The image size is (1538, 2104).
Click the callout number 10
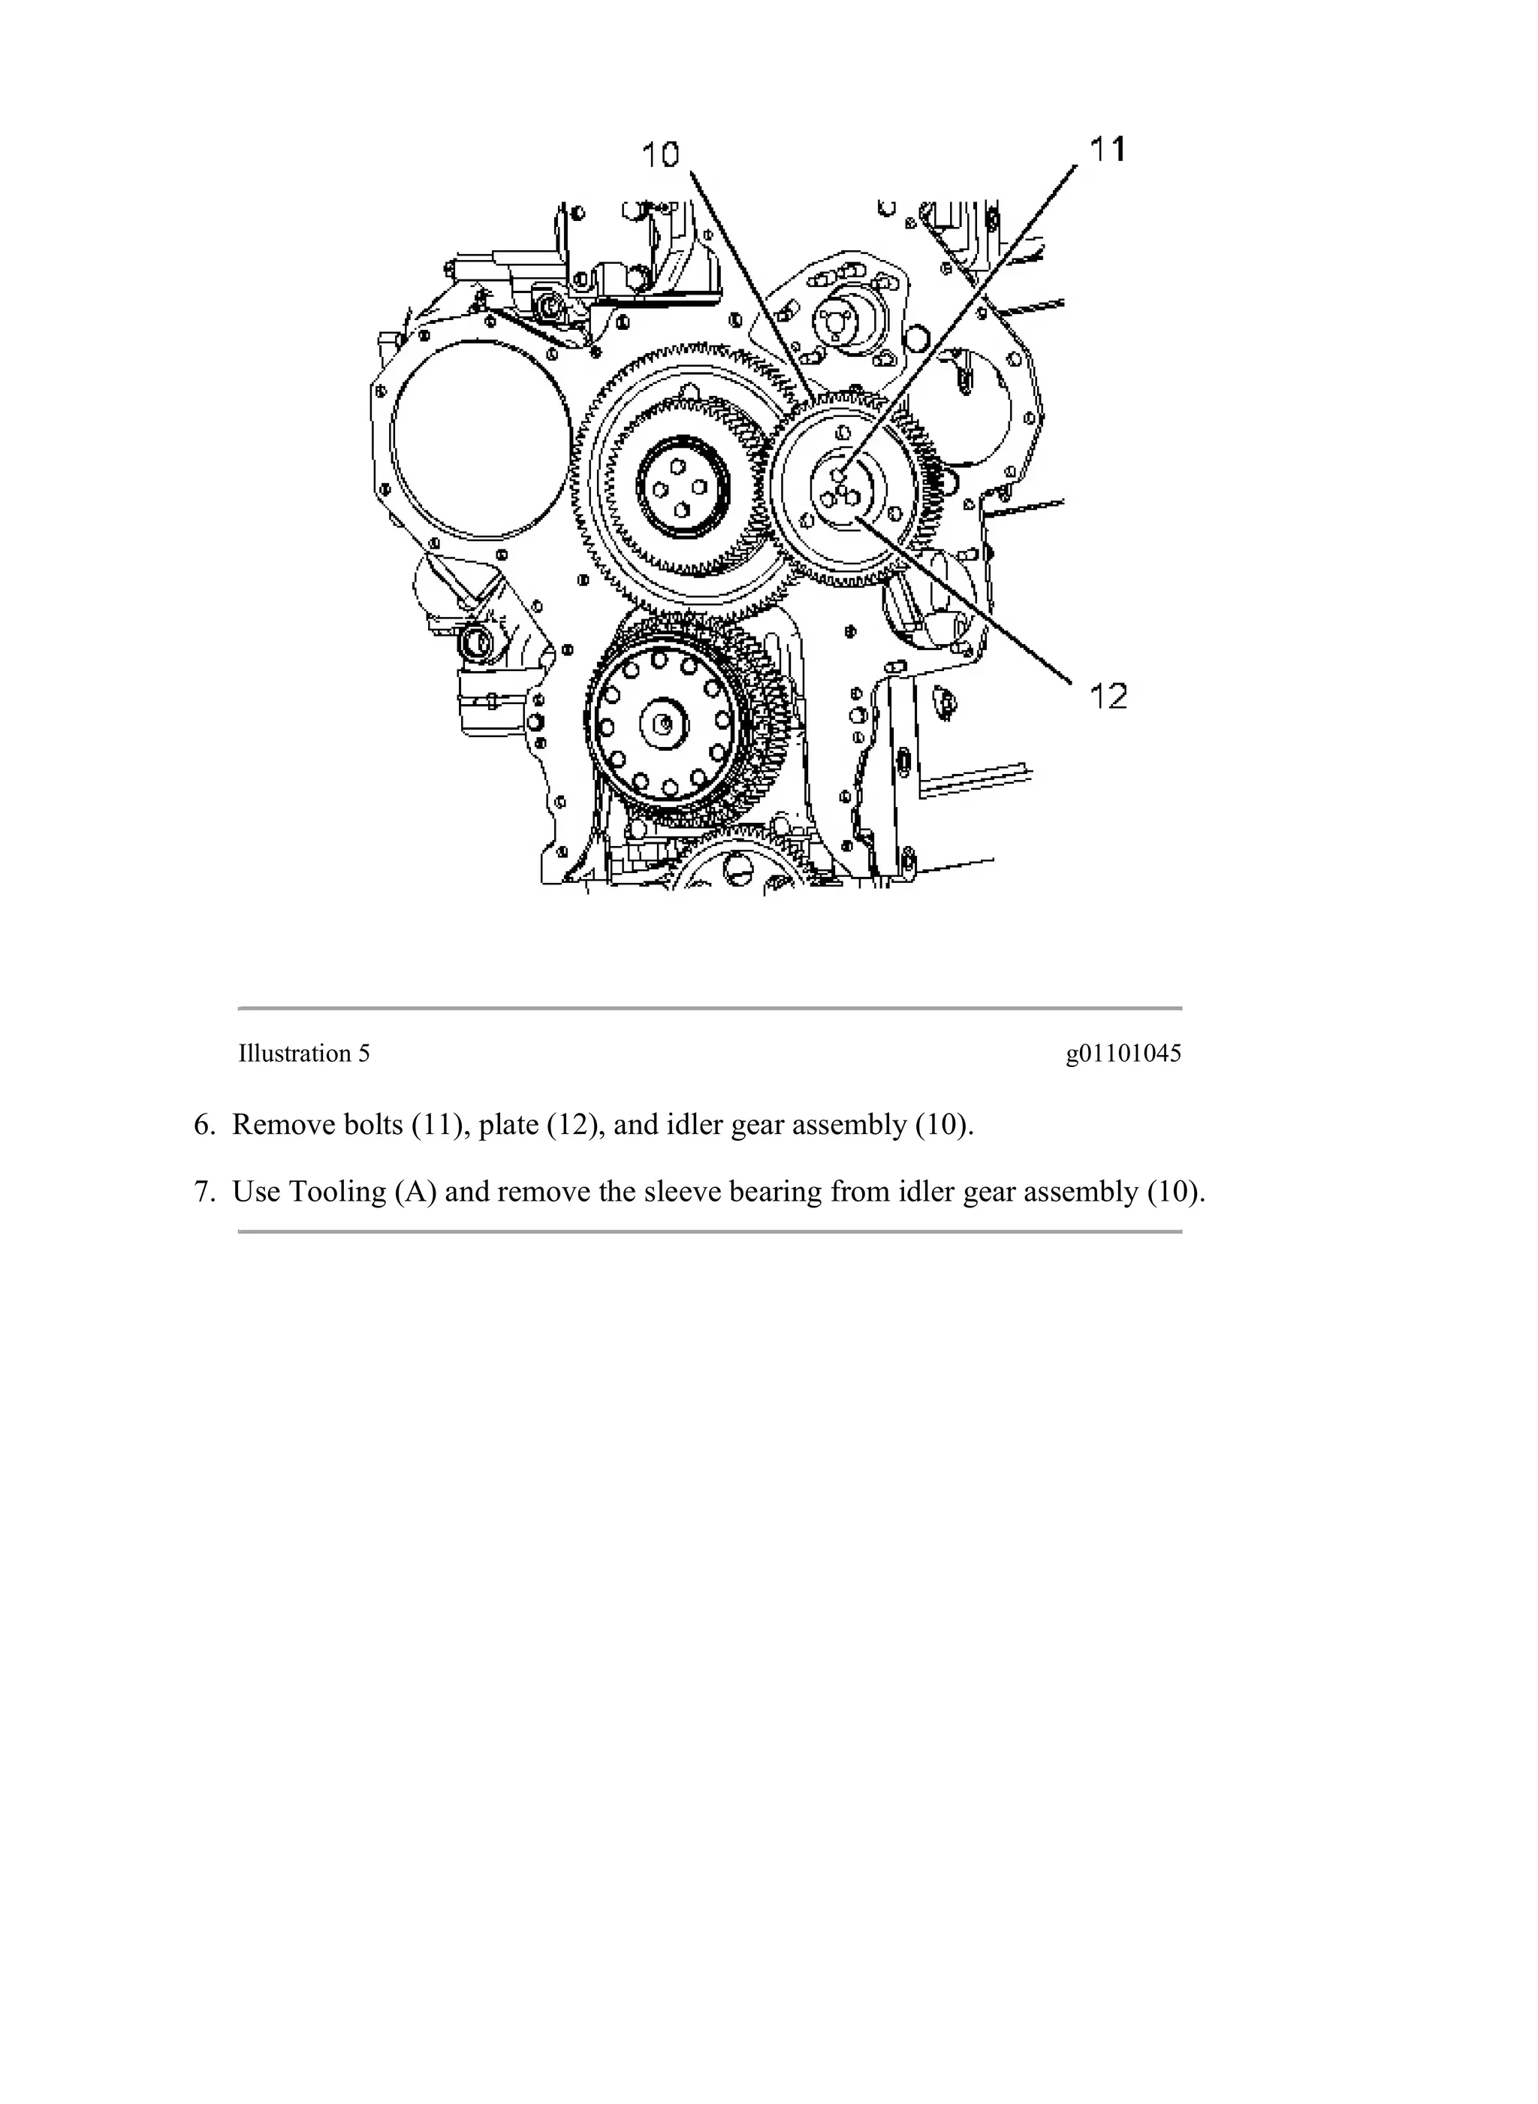[x=661, y=155]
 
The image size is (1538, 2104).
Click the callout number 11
[x=1107, y=149]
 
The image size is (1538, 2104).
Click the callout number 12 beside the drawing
[x=1108, y=696]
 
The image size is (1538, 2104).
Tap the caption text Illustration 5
[x=303, y=1054]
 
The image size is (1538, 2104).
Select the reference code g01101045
[x=1123, y=1054]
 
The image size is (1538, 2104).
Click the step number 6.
[x=204, y=1125]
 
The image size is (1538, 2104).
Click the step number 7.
[x=204, y=1193]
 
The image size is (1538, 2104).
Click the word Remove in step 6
[x=283, y=1125]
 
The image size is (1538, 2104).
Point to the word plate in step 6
[x=508, y=1125]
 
